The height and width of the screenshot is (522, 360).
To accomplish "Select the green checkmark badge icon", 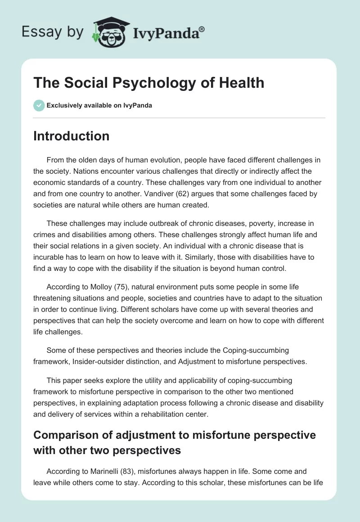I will pyautogui.click(x=39, y=105).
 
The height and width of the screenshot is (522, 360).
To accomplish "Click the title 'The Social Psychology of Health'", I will pyautogui.click(x=148, y=83).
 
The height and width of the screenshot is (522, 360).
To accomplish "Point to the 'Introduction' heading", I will pyautogui.click(x=71, y=136).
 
